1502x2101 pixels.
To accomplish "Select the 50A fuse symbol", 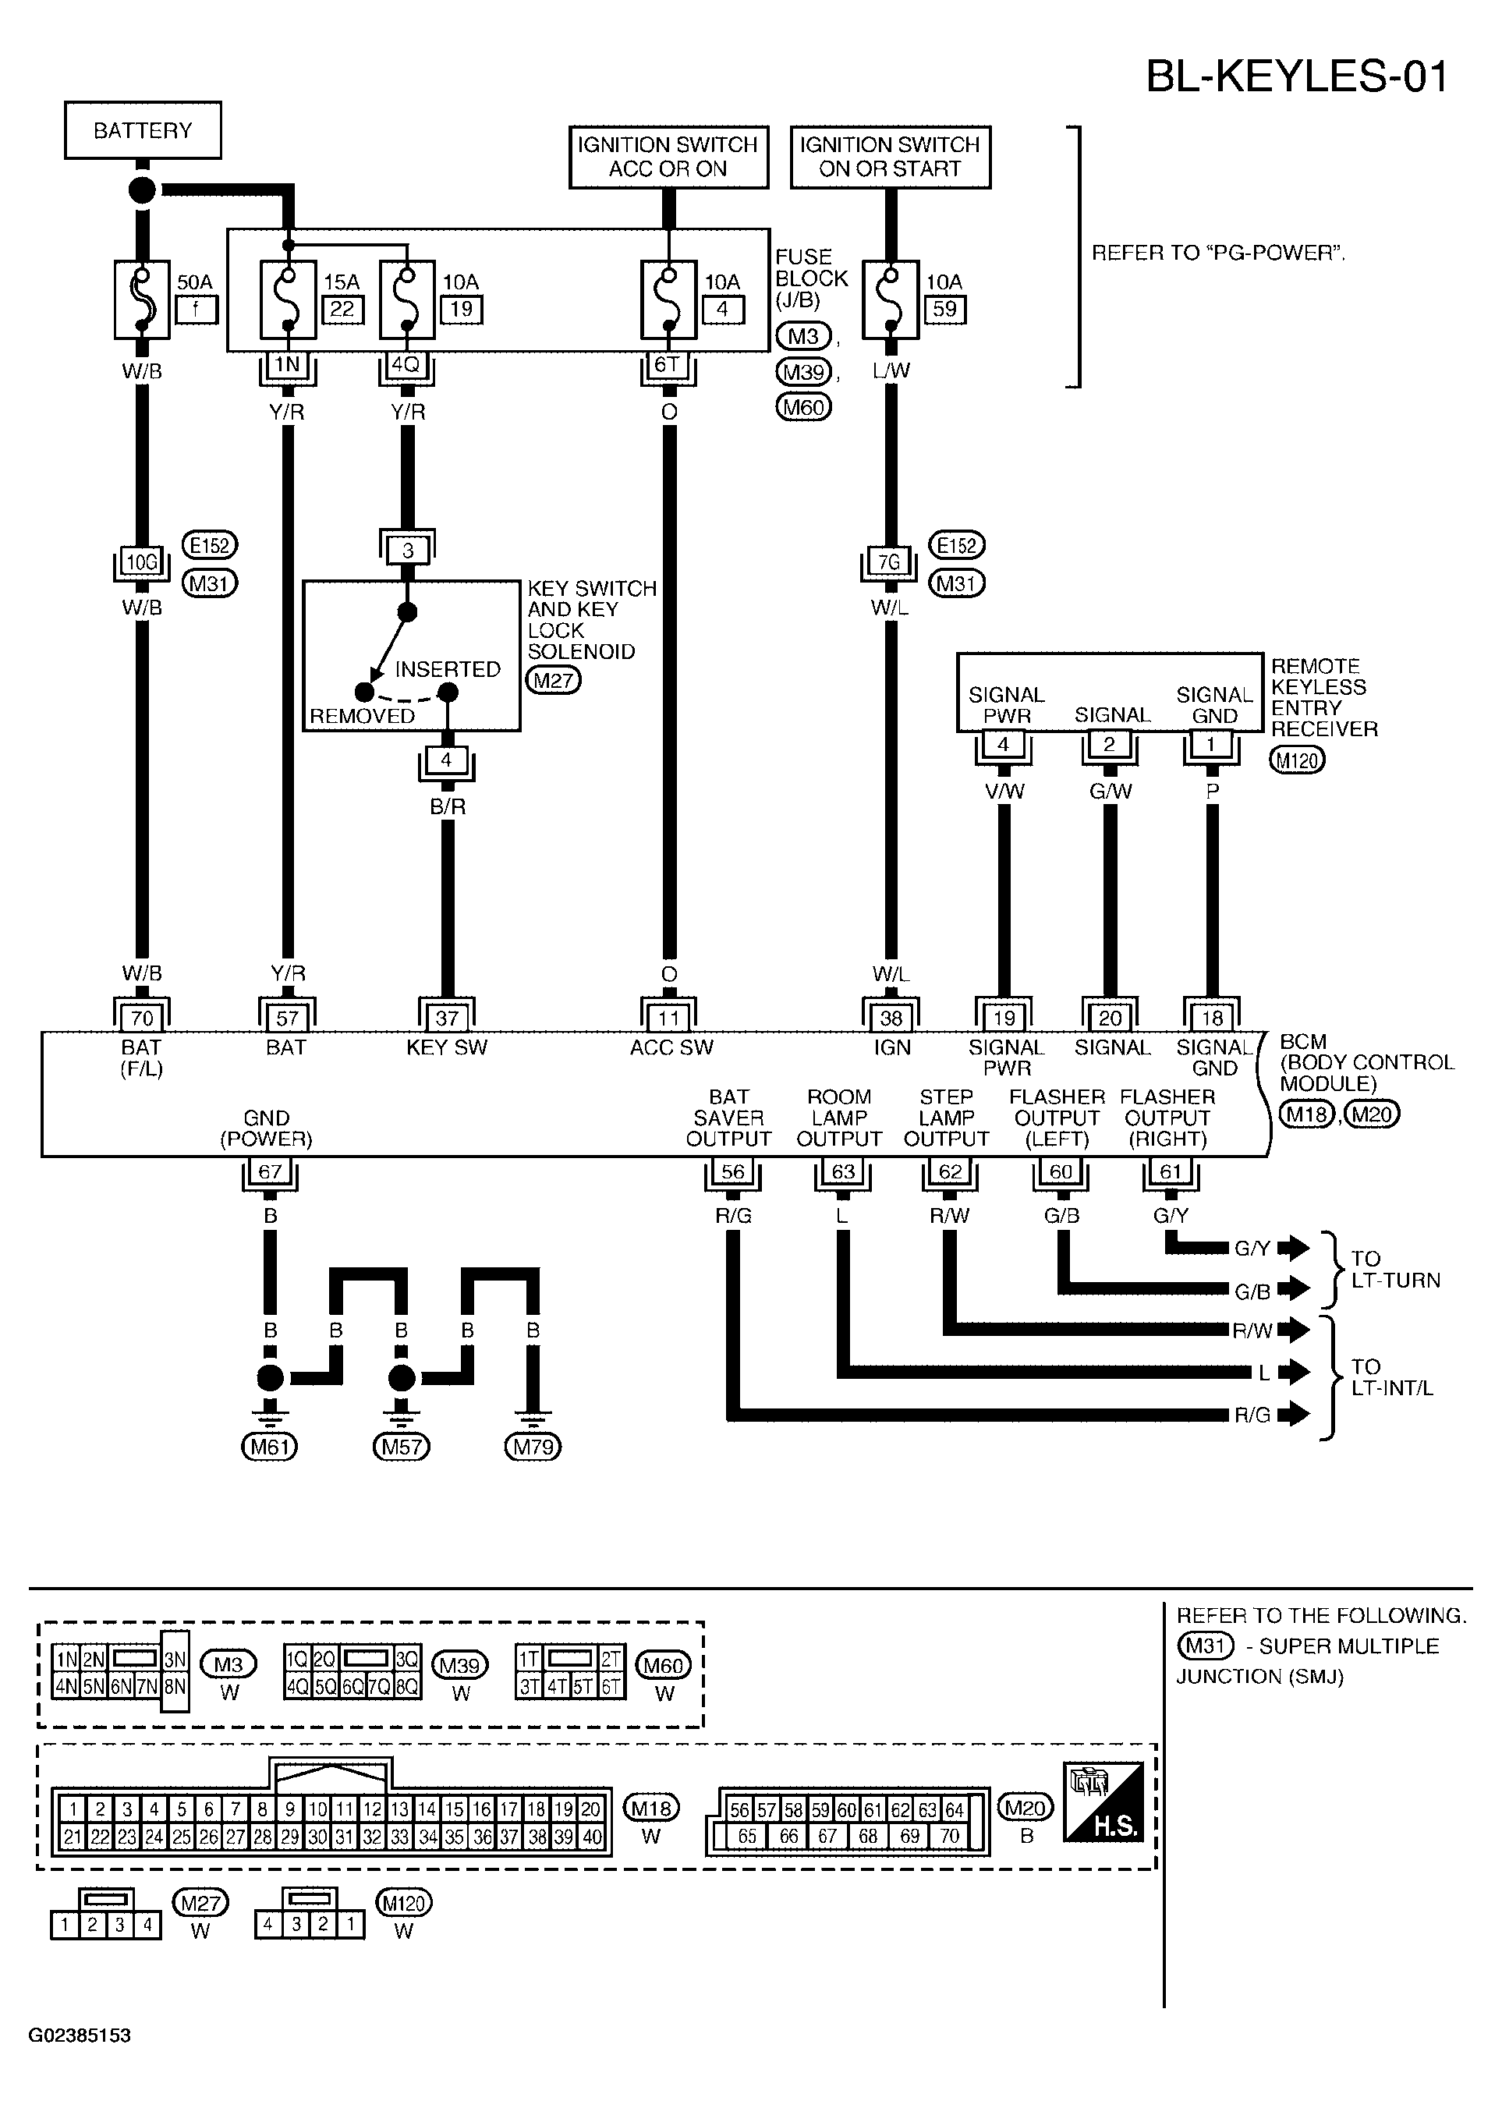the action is click(x=141, y=299).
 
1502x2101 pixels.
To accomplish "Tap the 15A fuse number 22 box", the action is click(x=342, y=309).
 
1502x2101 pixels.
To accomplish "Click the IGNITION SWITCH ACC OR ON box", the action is click(x=668, y=158).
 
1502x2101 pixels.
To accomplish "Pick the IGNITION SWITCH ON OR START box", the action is click(x=890, y=158).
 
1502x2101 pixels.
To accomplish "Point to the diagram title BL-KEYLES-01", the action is click(x=1297, y=76).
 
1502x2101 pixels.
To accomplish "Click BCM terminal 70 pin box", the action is click(x=141, y=1018).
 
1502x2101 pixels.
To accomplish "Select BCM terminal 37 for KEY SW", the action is click(x=447, y=1018).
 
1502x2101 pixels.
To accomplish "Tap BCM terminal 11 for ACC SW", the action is click(x=668, y=1018).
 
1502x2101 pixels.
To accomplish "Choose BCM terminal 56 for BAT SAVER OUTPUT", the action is click(x=732, y=1171).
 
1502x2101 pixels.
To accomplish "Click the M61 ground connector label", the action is click(x=269, y=1446).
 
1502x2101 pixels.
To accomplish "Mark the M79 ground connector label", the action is click(x=533, y=1446).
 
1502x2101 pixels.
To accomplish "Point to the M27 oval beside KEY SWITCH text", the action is click(x=553, y=682).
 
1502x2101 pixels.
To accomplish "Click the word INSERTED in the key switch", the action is click(x=448, y=668).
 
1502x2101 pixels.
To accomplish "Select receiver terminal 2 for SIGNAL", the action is click(x=1109, y=743).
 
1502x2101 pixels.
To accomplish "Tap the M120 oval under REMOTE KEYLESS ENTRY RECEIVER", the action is click(x=1298, y=760).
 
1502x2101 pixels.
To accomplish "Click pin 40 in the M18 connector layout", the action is click(x=591, y=1837).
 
